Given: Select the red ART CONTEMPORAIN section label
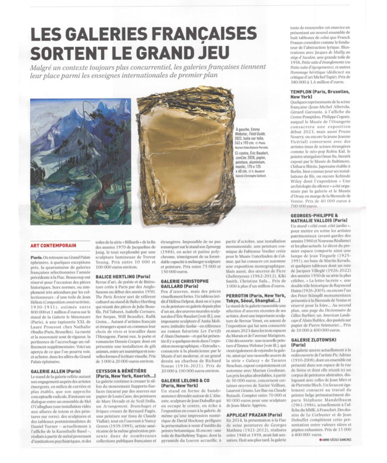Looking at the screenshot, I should pos(53,245).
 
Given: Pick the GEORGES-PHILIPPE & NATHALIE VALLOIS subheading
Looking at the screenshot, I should pos(319,218).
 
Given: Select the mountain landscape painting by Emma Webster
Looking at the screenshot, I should pos(80,161).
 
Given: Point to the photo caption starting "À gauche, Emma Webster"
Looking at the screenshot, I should pos(252,151).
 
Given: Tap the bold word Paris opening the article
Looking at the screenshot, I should pos(36,257).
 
